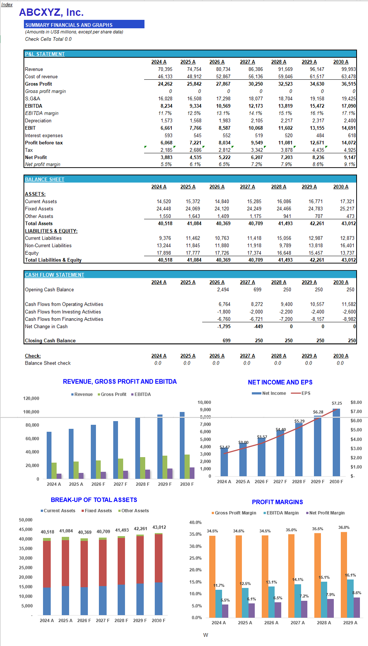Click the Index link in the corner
pyautogui.click(x=7, y=4)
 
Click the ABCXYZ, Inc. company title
pyautogui.click(x=51, y=12)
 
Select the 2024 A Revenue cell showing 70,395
pyautogui.click(x=165, y=69)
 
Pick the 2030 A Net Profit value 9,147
pyautogui.click(x=349, y=157)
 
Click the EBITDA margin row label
pyautogui.click(x=42, y=113)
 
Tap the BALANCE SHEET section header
pyautogui.click(x=44, y=179)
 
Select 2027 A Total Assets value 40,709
pyautogui.click(x=256, y=223)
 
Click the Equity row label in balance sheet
pyautogui.click(x=32, y=253)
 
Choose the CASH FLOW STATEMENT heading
pyautogui.click(x=54, y=275)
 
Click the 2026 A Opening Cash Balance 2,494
pyautogui.click(x=223, y=290)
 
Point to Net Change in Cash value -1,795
pyautogui.click(x=224, y=326)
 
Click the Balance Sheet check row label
pyautogui.click(x=48, y=363)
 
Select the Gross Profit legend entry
pyautogui.click(x=113, y=394)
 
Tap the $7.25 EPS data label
pyautogui.click(x=337, y=403)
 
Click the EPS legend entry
pyautogui.click(x=306, y=393)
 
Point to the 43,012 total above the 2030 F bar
pyautogui.click(x=159, y=527)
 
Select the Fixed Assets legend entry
pyautogui.click(x=98, y=511)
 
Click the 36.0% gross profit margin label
pyautogui.click(x=344, y=527)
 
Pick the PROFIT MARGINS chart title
pyautogui.click(x=277, y=502)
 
